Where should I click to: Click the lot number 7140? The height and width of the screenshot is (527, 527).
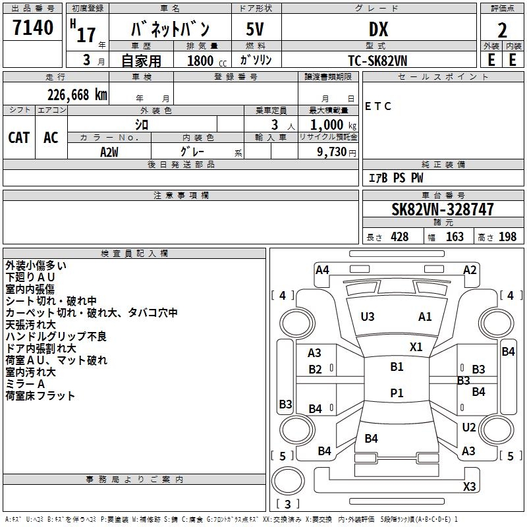coord(33,28)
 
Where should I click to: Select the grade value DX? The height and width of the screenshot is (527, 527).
coord(378,29)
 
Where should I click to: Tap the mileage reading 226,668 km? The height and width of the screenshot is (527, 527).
coord(77,95)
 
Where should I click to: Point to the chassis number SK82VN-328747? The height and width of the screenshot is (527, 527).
coord(443,209)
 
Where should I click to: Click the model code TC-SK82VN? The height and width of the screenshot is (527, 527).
coord(377,61)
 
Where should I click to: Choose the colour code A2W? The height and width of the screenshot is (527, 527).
coord(109,152)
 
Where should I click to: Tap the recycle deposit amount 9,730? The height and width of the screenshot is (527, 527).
coord(332,152)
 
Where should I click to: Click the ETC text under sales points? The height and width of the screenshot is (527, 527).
coord(378,106)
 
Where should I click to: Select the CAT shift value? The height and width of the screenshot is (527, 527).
coord(19,138)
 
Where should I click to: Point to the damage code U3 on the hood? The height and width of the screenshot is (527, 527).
coord(368,317)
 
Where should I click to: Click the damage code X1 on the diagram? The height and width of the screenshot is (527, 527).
coord(416,347)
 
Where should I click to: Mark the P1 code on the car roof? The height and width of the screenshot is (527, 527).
coord(397,393)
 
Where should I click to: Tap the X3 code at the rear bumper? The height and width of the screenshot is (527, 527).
coord(470,486)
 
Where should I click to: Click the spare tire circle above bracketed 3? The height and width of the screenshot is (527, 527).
coord(288,481)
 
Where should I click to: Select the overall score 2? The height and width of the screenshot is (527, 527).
coord(502,30)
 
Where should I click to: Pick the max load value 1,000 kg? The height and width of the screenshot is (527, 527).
coord(333,125)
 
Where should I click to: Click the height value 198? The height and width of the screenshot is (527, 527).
coord(507,236)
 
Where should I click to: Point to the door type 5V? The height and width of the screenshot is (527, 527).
coord(255,29)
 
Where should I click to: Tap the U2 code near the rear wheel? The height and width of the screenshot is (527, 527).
coord(469,427)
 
